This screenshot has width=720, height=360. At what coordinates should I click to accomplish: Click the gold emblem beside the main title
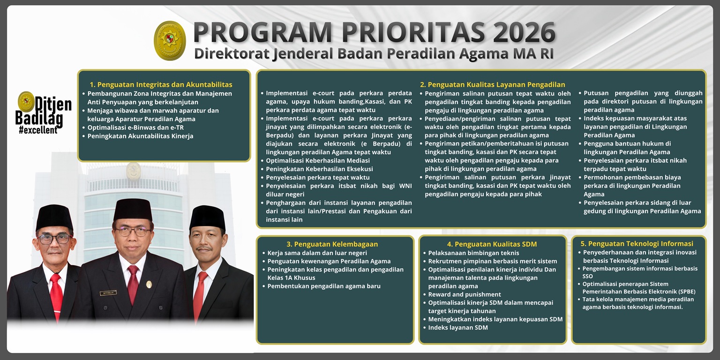tap(170, 41)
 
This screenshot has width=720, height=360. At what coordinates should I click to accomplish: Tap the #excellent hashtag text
tap(38, 130)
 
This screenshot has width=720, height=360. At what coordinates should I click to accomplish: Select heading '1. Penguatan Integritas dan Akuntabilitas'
tap(161, 85)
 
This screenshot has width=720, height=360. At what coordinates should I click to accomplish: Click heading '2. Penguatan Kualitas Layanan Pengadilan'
tap(492, 85)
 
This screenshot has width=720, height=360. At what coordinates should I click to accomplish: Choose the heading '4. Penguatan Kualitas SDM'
tap(492, 244)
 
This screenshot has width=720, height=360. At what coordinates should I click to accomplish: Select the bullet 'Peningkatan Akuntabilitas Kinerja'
tap(140, 136)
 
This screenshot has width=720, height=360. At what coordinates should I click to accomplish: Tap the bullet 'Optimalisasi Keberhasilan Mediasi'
tap(318, 161)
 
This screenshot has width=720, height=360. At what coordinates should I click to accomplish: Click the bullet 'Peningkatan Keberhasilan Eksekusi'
tap(319, 169)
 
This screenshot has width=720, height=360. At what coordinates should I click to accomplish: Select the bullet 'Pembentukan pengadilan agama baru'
tap(324, 286)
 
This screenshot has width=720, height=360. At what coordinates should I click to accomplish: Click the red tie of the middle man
tap(133, 283)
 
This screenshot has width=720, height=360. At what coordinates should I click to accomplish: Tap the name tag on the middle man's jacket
tap(108, 293)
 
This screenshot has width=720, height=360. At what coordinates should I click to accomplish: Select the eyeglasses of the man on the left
tap(54, 239)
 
